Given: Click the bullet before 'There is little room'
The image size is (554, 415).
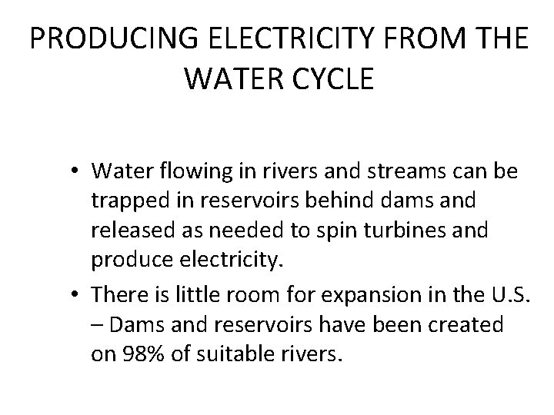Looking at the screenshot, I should coord(78,295).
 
